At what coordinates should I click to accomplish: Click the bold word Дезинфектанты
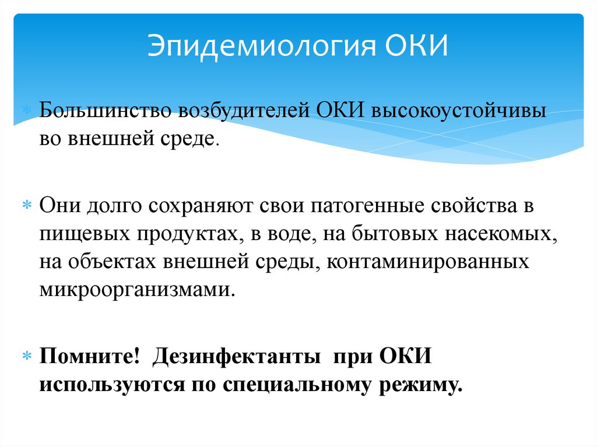tap(237, 356)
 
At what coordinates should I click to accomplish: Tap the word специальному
tap(293, 385)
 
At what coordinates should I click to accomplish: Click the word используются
tap(112, 385)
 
